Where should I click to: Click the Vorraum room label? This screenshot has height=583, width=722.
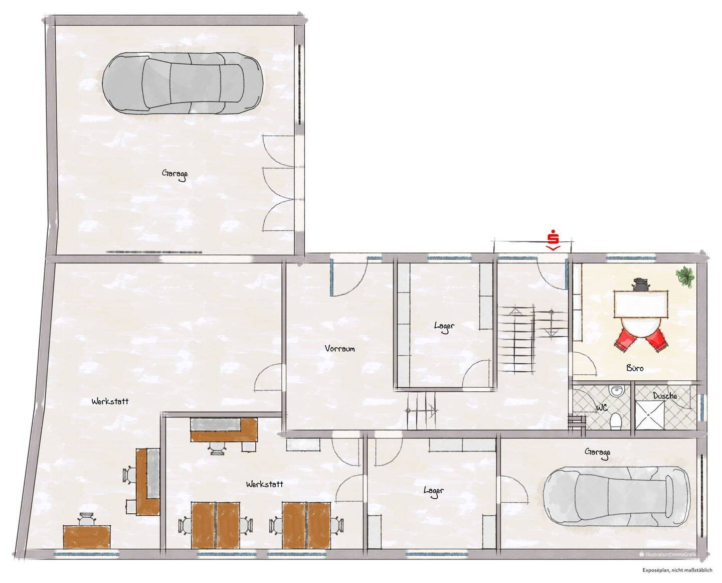[x=339, y=349]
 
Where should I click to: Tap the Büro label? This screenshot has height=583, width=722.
[x=635, y=368]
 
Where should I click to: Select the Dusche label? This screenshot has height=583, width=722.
[x=665, y=396]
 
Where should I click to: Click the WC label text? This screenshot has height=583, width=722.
[x=602, y=408]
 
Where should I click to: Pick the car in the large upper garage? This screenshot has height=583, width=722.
[x=183, y=83]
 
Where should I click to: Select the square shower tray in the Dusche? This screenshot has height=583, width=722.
[x=649, y=415]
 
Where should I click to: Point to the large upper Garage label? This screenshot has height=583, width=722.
[x=174, y=174]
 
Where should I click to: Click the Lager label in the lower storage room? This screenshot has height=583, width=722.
[x=434, y=491]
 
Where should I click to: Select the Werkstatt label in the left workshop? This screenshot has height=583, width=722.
[x=110, y=401]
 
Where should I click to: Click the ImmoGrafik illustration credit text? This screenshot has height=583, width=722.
[x=667, y=554]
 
